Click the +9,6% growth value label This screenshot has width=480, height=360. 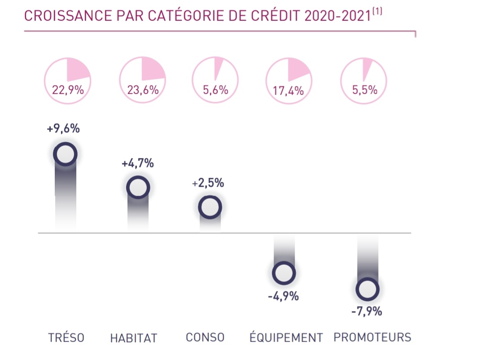(x=63, y=129)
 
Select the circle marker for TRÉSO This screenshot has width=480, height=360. (x=65, y=154)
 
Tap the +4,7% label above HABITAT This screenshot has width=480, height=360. (x=138, y=163)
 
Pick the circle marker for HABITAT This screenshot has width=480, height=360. (x=138, y=187)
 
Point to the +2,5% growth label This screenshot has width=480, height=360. (x=208, y=183)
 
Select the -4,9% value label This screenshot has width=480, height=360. (x=283, y=296)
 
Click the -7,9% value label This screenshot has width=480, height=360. (x=367, y=311)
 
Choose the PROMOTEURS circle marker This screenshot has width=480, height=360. (x=367, y=289)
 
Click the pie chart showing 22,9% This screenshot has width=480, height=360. (x=67, y=80)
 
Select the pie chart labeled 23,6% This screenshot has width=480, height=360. (x=142, y=80)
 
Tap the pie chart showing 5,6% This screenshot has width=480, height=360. (x=215, y=80)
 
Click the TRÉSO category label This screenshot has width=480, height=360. (x=66, y=338)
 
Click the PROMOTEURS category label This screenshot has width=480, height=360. (x=372, y=337)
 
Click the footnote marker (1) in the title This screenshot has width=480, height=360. (x=377, y=10)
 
